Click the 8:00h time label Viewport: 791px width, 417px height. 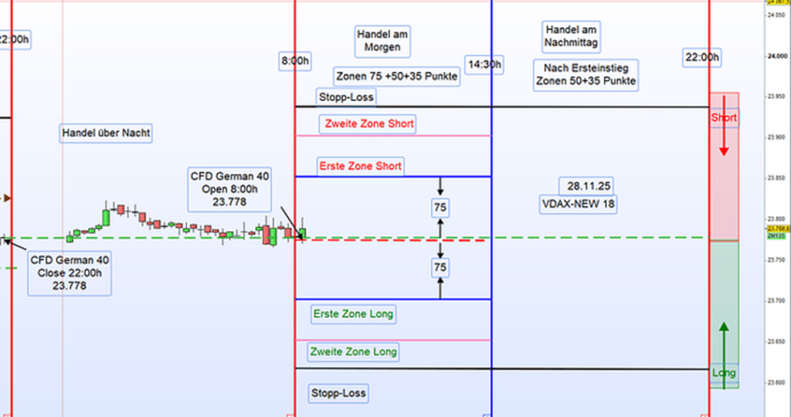294,60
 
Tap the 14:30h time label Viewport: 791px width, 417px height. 483,64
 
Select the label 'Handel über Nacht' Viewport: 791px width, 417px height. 106,134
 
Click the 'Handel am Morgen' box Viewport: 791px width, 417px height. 382,41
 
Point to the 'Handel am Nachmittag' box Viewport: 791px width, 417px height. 572,35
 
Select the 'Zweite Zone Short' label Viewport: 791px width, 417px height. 369,124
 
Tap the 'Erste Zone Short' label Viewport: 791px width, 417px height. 360,166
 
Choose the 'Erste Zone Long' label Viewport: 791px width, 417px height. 354,314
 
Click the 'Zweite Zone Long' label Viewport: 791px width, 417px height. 354,352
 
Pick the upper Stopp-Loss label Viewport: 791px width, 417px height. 346,97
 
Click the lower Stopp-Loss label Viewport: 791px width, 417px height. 338,393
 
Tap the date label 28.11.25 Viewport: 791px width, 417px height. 589,186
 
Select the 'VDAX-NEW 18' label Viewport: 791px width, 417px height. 578,205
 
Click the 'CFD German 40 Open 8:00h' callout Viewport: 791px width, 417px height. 230,188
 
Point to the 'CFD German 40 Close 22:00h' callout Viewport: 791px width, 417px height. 70,272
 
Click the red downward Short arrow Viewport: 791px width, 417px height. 724,139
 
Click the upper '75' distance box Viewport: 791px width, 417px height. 440,208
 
